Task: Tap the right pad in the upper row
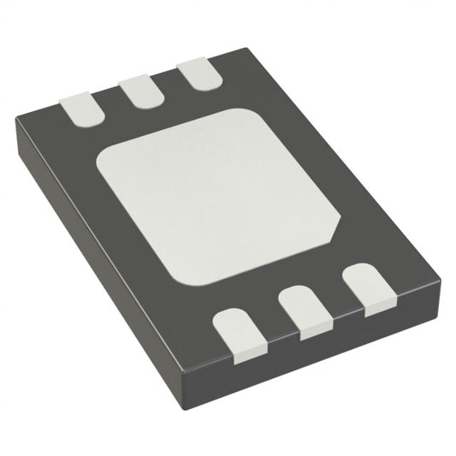click(x=195, y=73)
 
